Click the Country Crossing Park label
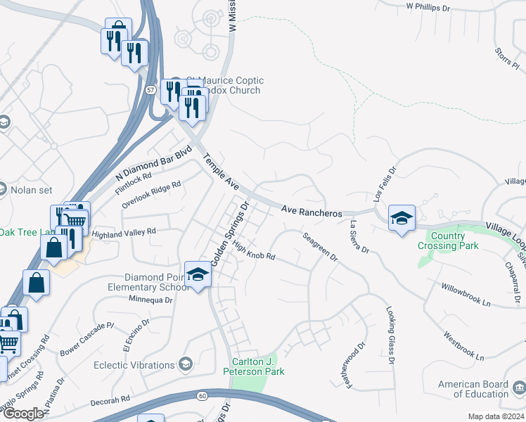(x=448, y=241)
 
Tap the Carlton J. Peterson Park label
(x=254, y=366)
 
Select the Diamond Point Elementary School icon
(x=198, y=275)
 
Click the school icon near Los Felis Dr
(x=402, y=219)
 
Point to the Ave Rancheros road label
(x=312, y=211)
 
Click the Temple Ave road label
(x=218, y=172)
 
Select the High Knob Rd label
(x=253, y=251)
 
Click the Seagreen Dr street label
(x=320, y=247)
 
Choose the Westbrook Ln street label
(x=463, y=345)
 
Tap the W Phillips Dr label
(x=428, y=7)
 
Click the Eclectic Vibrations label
(x=134, y=365)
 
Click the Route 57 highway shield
(x=151, y=90)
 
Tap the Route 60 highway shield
(x=203, y=396)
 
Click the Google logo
(x=23, y=414)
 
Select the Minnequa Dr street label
(x=150, y=300)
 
